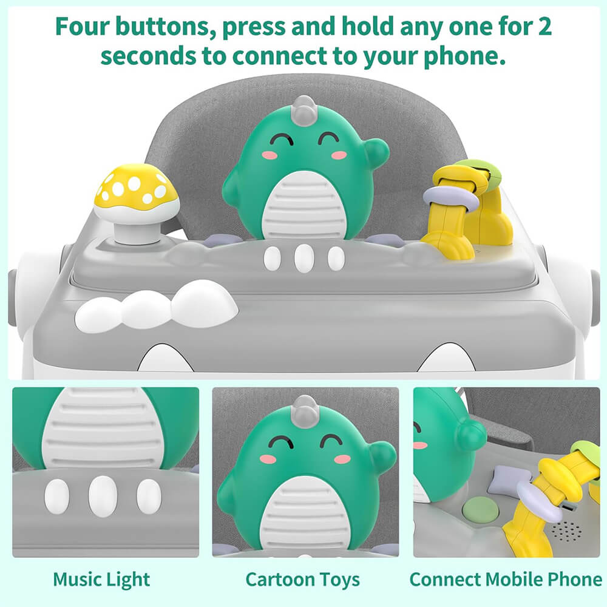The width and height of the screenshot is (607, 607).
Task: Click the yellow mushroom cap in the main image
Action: click(x=136, y=186)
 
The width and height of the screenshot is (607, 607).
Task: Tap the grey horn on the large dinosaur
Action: click(x=304, y=107)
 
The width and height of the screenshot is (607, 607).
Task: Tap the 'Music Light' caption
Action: click(x=101, y=580)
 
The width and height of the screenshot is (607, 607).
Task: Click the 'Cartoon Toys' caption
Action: click(x=303, y=580)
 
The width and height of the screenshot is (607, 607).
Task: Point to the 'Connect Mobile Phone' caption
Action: click(x=506, y=580)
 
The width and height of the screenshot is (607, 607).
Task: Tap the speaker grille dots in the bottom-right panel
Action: click(x=566, y=531)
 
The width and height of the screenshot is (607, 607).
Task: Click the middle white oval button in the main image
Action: click(x=304, y=258)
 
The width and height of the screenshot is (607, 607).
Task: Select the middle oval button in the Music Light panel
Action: click(x=103, y=497)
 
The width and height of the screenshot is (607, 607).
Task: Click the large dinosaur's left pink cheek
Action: click(x=270, y=155)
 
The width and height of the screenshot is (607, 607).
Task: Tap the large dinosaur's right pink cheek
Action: click(x=339, y=155)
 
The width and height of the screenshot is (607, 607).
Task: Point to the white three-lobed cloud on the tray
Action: click(x=157, y=307)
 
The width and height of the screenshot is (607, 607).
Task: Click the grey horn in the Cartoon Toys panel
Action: click(x=304, y=407)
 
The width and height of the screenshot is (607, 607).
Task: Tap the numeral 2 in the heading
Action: click(x=544, y=26)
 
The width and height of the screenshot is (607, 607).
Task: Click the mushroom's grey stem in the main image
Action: click(x=135, y=231)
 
